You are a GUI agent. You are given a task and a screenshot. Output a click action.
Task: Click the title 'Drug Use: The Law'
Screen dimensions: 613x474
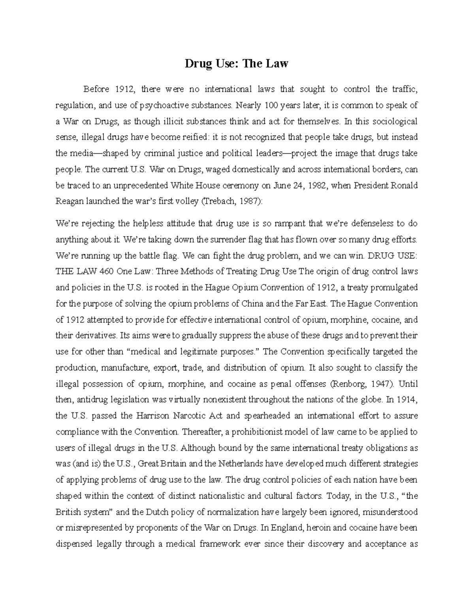(x=237, y=63)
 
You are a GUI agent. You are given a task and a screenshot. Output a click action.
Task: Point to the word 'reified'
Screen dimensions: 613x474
(x=195, y=137)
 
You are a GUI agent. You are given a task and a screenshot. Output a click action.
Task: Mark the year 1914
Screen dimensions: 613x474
(x=406, y=399)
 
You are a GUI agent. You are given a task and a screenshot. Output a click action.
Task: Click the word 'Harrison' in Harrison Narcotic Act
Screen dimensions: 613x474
(x=152, y=416)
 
